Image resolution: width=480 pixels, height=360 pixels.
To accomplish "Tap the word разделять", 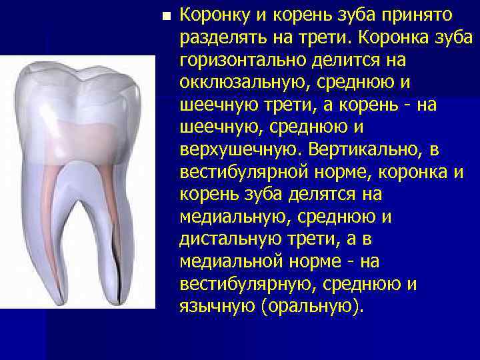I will tap(223, 38).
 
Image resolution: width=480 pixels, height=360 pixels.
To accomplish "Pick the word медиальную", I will tap(225, 217).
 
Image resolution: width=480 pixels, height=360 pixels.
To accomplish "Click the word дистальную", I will tap(225, 239).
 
